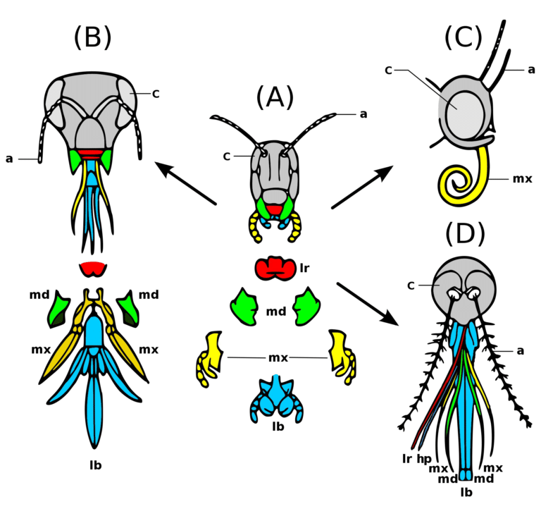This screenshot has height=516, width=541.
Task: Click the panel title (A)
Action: (275, 97)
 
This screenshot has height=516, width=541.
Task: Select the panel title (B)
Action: (92, 38)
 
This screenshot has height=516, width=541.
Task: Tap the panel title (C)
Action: (464, 38)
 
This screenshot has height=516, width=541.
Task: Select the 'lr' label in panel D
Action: (407, 457)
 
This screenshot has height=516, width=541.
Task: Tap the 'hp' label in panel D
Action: (423, 457)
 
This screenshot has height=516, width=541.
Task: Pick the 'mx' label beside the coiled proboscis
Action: (521, 178)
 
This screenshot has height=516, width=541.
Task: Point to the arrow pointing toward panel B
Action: (184, 183)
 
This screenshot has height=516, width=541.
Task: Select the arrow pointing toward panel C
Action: (362, 188)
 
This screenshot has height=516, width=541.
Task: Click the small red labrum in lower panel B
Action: (92, 269)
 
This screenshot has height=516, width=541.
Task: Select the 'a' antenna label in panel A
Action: (363, 113)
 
